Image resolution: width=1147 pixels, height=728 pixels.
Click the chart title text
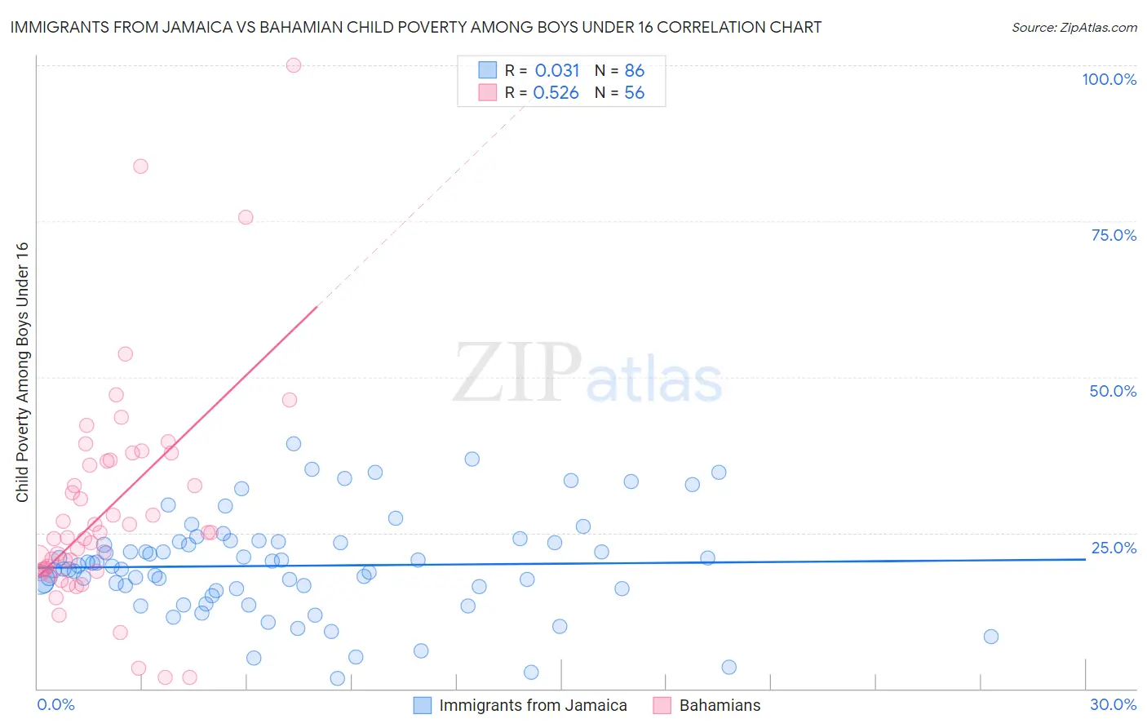click(415, 27)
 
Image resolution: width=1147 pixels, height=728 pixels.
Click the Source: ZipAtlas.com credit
click(1074, 27)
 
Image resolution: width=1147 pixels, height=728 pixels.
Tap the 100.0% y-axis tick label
click(1109, 79)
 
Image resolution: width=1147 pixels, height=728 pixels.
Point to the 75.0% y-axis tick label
click(1114, 235)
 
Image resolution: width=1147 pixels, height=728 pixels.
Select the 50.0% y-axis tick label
click(1113, 391)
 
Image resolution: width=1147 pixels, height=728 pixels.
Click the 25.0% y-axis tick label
click(1114, 547)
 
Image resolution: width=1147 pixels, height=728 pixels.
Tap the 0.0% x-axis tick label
click(55, 704)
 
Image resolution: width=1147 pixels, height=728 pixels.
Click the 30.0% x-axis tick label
click(1113, 704)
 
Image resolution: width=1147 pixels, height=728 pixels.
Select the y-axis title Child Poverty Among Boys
click(22, 372)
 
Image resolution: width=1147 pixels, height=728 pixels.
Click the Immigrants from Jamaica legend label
click(533, 705)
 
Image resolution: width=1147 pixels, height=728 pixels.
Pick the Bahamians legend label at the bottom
click(720, 705)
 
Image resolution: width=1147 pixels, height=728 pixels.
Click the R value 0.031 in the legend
click(557, 70)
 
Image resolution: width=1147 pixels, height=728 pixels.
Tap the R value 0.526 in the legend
click(556, 92)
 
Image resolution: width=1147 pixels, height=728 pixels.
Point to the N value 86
click(634, 70)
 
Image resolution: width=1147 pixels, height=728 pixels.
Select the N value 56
click(634, 92)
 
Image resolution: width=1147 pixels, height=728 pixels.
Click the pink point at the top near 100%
click(294, 65)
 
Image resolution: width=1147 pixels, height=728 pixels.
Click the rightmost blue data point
click(991, 637)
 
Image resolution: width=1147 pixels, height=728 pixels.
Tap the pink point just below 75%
click(246, 217)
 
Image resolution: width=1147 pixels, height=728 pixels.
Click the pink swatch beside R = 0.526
click(487, 92)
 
